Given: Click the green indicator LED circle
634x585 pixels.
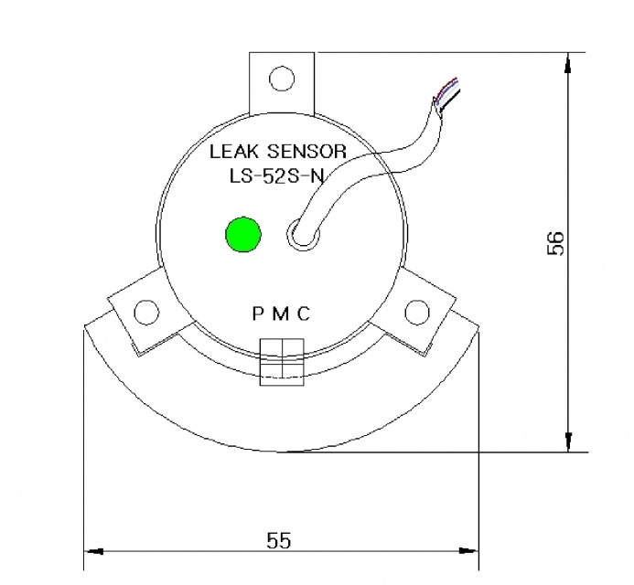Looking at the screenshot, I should tap(243, 234).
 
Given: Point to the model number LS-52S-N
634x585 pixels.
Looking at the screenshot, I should tap(275, 178).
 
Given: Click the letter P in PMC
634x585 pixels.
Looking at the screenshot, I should tap(257, 314).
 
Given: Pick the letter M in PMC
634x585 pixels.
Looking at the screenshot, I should tap(280, 314).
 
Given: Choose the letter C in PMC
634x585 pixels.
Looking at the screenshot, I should tap(304, 314).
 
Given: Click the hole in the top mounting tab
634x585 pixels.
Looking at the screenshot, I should tap(282, 80).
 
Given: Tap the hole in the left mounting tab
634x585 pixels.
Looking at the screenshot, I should tap(146, 313).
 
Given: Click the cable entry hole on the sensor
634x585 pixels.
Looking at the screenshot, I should tap(301, 234).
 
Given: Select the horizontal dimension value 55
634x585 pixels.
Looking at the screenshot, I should tap(278, 540).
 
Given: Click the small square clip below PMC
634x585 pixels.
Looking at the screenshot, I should tap(282, 360).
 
